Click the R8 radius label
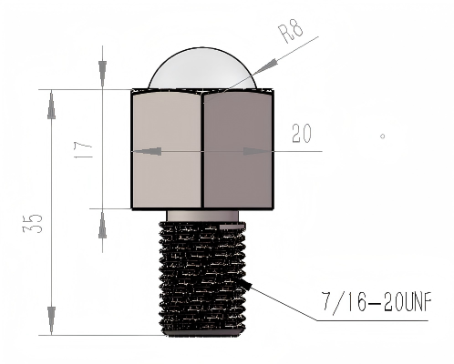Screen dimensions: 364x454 (x=289, y=33)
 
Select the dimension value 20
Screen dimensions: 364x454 (x=303, y=136)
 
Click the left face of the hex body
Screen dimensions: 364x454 (x=167, y=150)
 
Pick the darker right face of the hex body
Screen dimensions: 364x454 (x=239, y=150)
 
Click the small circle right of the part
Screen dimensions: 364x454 (x=383, y=136)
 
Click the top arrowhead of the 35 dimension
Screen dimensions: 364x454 (x=50, y=100)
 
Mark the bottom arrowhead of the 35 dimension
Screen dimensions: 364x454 (x=50, y=324)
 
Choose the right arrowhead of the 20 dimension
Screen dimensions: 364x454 (x=263, y=151)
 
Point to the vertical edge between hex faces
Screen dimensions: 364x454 (x=203, y=150)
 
